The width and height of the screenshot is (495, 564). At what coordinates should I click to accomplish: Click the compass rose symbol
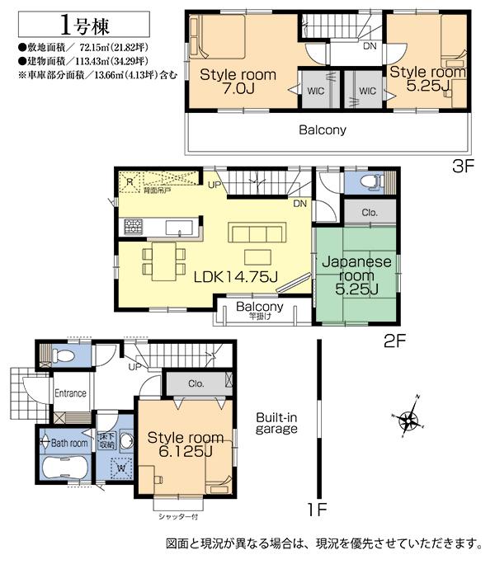pyautogui.click(x=409, y=421)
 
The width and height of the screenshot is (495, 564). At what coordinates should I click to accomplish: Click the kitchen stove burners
pyautogui.click(x=134, y=225)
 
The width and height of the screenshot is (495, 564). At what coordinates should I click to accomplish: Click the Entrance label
pyautogui.click(x=70, y=393)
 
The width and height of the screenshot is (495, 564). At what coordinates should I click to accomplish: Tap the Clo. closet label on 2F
pyautogui.click(x=369, y=213)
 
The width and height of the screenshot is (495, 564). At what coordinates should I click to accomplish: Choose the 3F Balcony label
pyautogui.click(x=322, y=129)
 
